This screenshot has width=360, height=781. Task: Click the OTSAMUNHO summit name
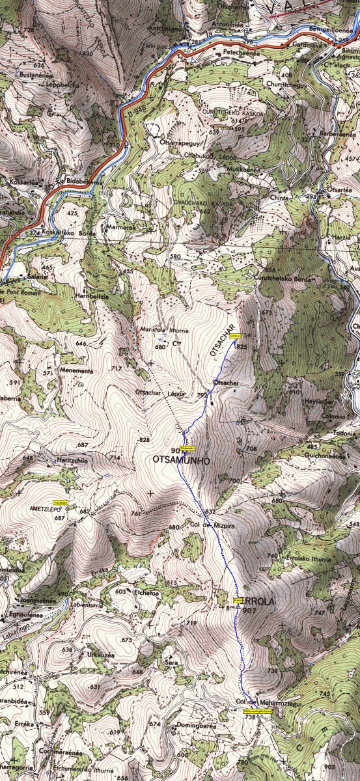pyautogui.click(x=180, y=459)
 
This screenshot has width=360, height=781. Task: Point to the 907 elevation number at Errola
pyautogui.click(x=249, y=611)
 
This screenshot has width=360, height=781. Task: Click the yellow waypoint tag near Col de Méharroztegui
pyautogui.click(x=257, y=711)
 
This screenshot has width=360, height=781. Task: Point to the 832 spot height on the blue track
pyautogui.click(x=210, y=512)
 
